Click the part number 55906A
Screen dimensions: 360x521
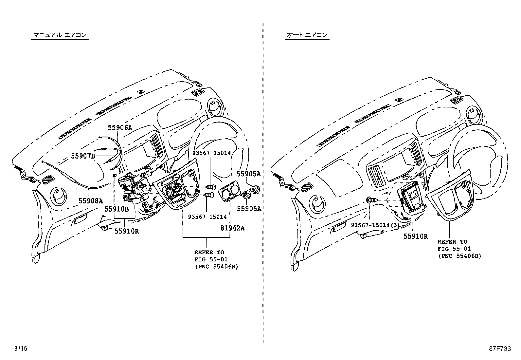click(120, 128)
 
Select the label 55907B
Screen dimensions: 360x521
click(83, 156)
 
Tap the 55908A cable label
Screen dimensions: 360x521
click(90, 201)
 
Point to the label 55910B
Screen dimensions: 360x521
click(117, 209)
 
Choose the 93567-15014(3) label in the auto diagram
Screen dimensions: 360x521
click(375, 225)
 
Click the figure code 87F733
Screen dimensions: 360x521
click(500, 349)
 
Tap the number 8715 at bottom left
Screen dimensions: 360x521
click(20, 349)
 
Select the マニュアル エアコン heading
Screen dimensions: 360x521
click(60, 35)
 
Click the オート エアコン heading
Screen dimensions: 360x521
click(307, 35)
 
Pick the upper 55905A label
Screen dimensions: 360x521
click(248, 174)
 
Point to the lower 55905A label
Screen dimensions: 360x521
click(249, 209)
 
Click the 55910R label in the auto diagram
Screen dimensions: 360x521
click(415, 236)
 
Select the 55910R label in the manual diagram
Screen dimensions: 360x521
click(127, 231)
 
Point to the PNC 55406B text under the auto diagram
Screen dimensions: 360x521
click(459, 256)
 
